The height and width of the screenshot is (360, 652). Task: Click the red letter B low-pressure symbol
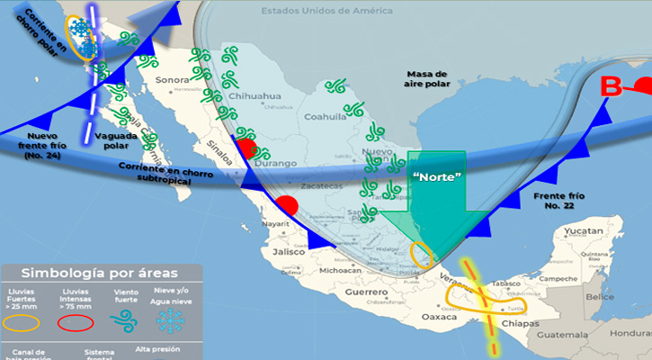click(x=612, y=87)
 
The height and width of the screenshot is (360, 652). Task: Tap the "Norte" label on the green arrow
click(x=435, y=176)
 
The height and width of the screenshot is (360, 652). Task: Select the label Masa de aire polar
click(x=426, y=79)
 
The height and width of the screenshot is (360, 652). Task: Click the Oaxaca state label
click(x=439, y=317)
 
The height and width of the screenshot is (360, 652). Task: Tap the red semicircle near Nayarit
click(x=287, y=204)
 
